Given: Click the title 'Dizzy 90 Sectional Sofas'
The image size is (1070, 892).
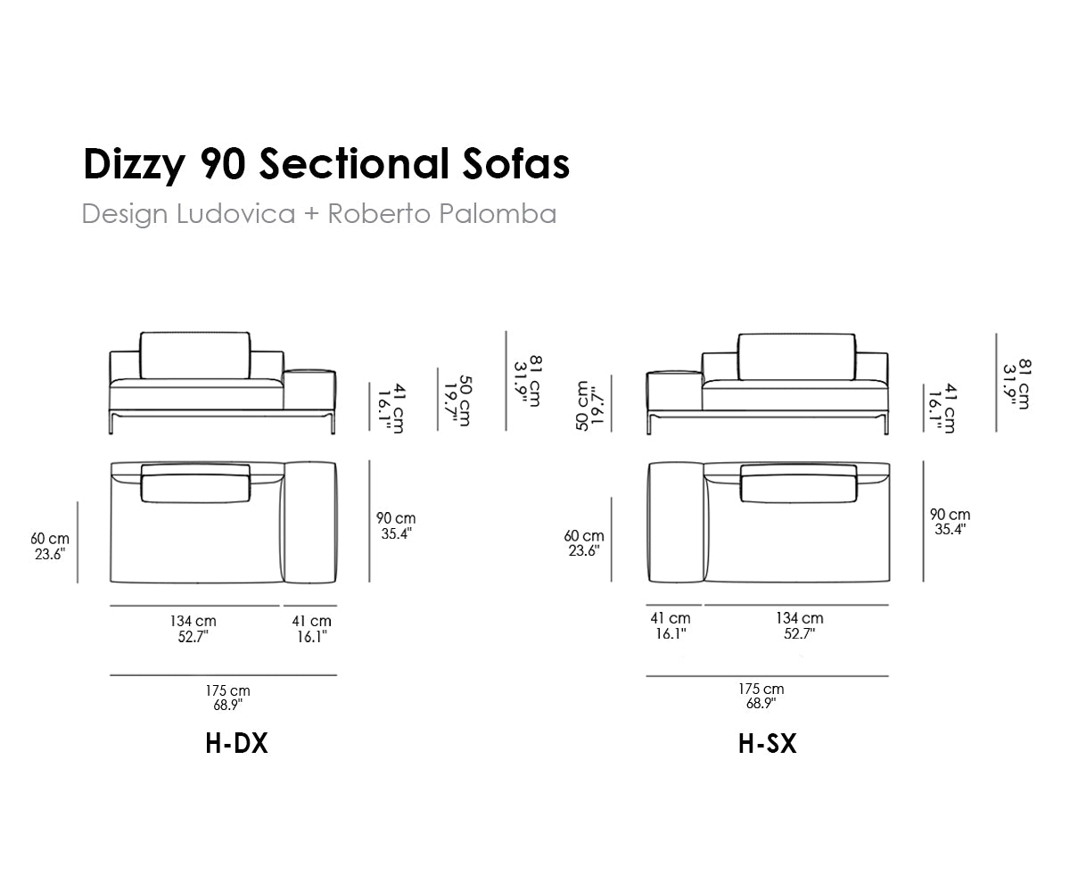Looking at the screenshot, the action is pos(326,164).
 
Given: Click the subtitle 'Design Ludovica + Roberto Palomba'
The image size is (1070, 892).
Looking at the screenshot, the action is pos(318,214).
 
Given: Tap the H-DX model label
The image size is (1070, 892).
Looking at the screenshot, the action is pos(236,743).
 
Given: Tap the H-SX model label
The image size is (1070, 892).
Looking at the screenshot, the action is pos(768,743).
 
